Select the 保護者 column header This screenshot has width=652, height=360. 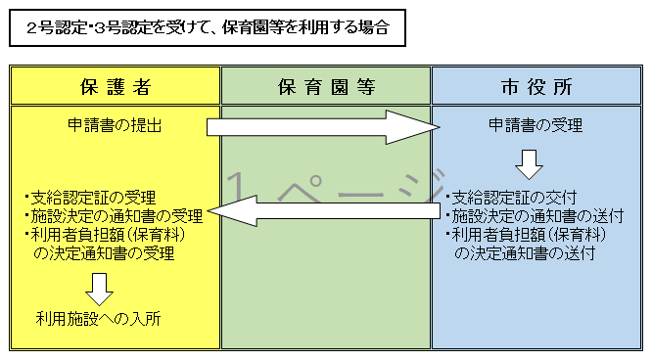coord(115,86)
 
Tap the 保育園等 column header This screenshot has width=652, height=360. coord(326,86)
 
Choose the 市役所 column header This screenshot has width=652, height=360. coord(536,86)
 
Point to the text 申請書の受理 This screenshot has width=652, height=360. coord(536,125)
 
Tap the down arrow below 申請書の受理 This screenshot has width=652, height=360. coord(530,163)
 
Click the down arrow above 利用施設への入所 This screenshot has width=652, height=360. coord(99,287)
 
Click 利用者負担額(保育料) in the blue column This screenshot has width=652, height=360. coord(526,235)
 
